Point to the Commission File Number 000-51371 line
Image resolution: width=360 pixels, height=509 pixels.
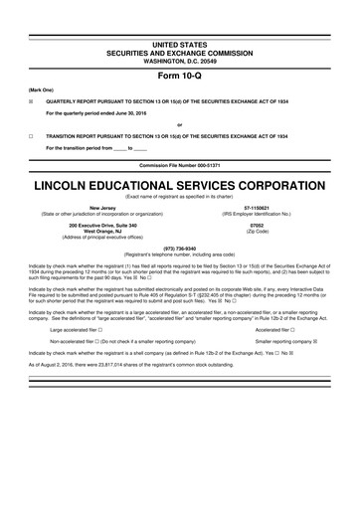(x=179, y=164)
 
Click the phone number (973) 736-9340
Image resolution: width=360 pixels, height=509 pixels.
(x=179, y=248)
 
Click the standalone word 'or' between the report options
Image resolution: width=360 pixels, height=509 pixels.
(x=179, y=123)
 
